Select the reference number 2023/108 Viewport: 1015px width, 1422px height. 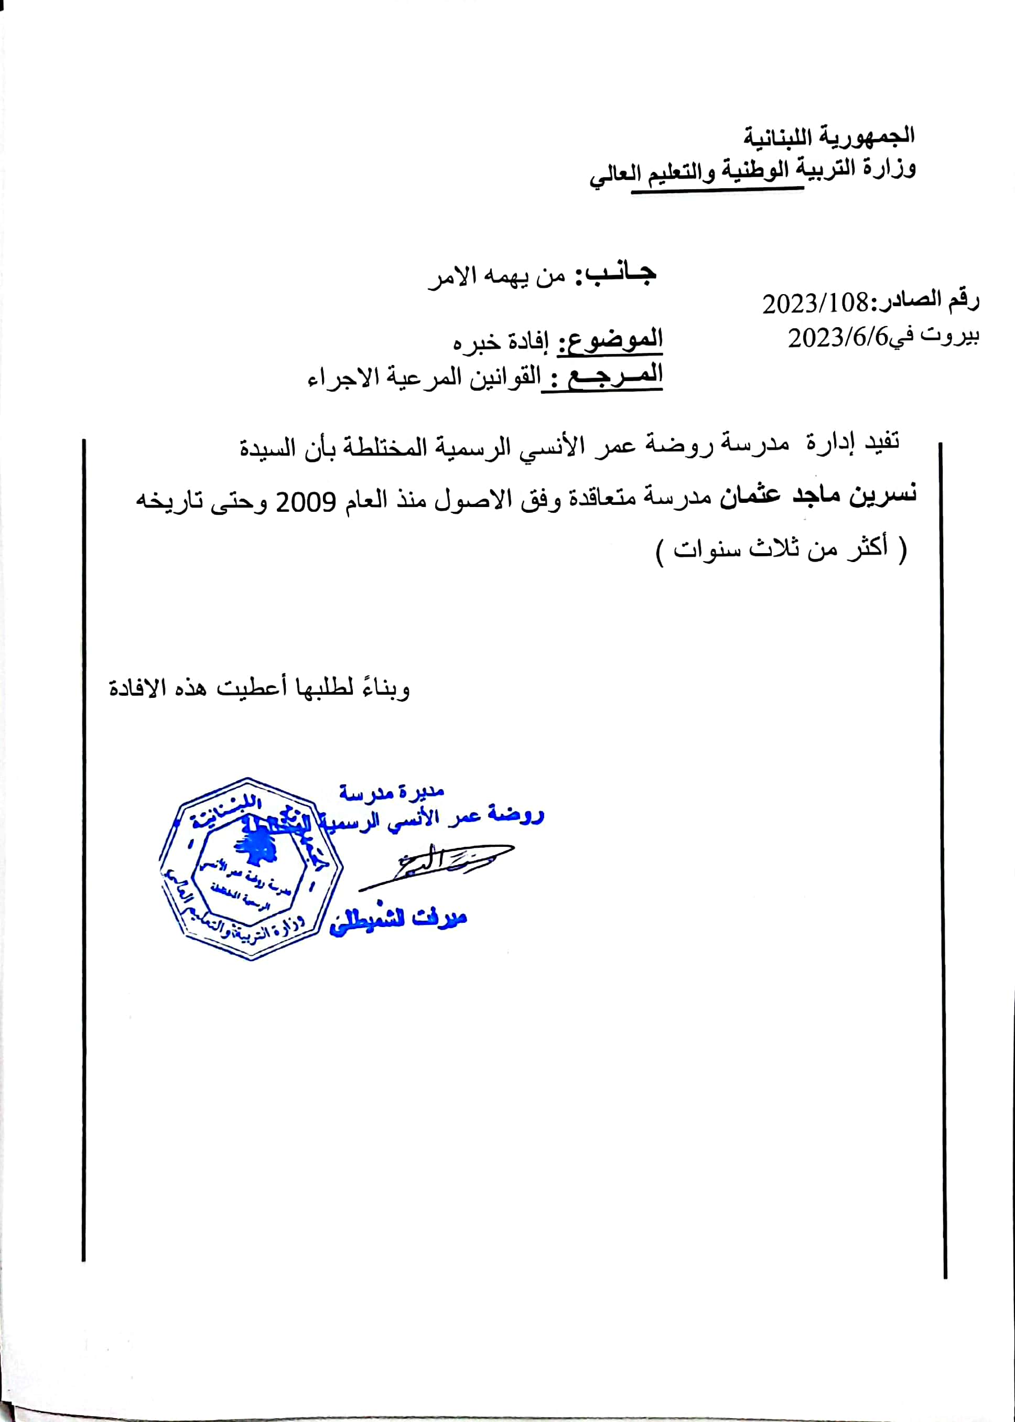[815, 304]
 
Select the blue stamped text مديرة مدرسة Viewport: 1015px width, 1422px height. [391, 793]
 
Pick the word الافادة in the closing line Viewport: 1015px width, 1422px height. [137, 688]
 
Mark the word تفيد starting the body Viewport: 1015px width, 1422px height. [881, 443]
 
